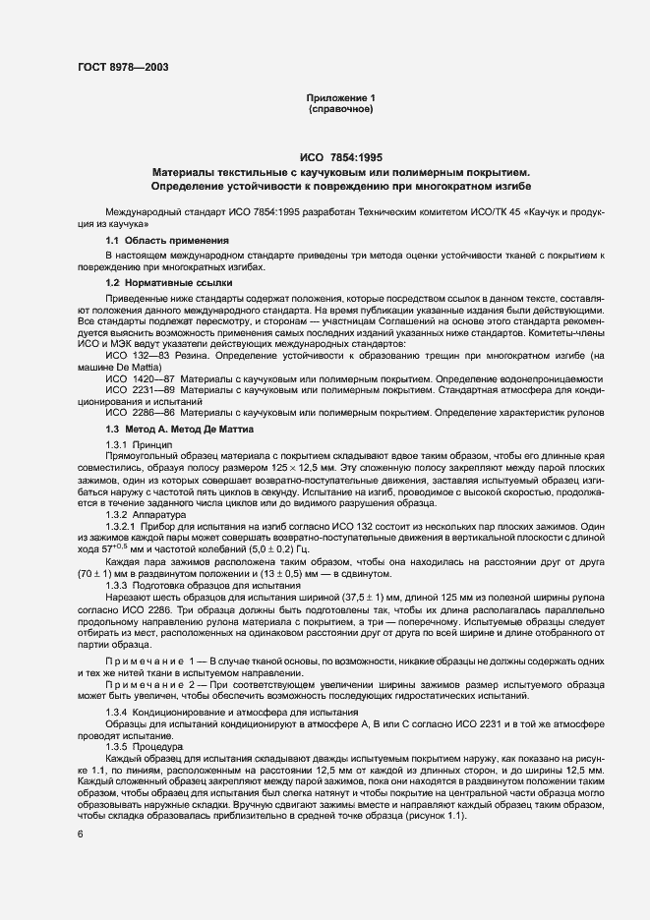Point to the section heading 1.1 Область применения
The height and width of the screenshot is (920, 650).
(167, 241)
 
